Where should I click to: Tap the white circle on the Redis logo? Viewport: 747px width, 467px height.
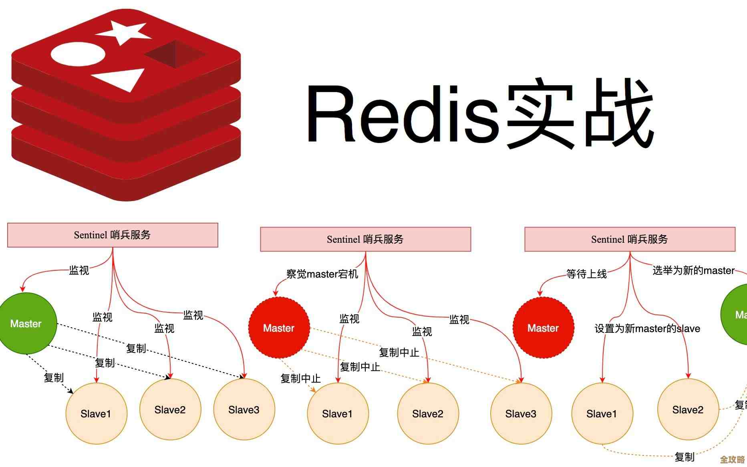click(78, 54)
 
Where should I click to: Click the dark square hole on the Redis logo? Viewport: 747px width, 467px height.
click(175, 54)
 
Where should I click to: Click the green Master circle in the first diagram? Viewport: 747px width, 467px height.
click(26, 323)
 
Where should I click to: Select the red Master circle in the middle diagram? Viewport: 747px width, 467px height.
click(279, 328)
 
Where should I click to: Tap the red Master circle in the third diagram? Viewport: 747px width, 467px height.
click(543, 328)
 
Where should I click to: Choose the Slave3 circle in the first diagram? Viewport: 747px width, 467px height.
click(244, 409)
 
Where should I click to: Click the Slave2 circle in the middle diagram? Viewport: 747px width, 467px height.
click(428, 413)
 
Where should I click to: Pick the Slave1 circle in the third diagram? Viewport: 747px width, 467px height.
click(602, 413)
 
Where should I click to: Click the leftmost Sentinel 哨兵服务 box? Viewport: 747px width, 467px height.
click(113, 235)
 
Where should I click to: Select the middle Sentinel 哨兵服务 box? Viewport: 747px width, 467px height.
click(365, 240)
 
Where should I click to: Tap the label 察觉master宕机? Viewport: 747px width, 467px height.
click(322, 274)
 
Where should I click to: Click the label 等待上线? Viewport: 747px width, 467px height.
click(586, 274)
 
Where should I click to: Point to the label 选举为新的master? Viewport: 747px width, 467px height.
click(693, 270)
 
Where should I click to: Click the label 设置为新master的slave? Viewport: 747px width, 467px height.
click(647, 328)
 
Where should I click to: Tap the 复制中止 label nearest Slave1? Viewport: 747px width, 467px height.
click(300, 378)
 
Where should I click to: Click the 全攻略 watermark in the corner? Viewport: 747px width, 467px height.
click(732, 459)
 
